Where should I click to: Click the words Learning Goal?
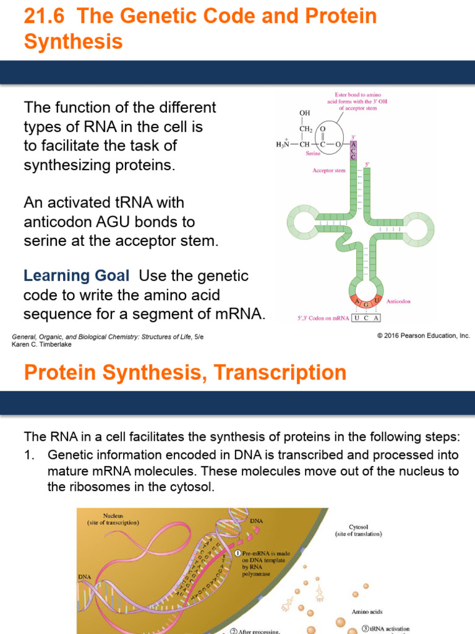pos(76,276)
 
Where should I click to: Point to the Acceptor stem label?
pos(329,170)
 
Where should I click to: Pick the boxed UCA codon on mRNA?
pos(366,318)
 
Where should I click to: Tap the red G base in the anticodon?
pos(366,305)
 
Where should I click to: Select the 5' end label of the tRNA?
pos(367,164)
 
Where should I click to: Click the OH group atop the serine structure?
pos(305,113)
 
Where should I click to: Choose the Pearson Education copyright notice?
pos(423,336)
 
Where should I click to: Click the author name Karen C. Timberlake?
pos(42,344)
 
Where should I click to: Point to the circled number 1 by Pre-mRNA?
pos(237,552)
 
